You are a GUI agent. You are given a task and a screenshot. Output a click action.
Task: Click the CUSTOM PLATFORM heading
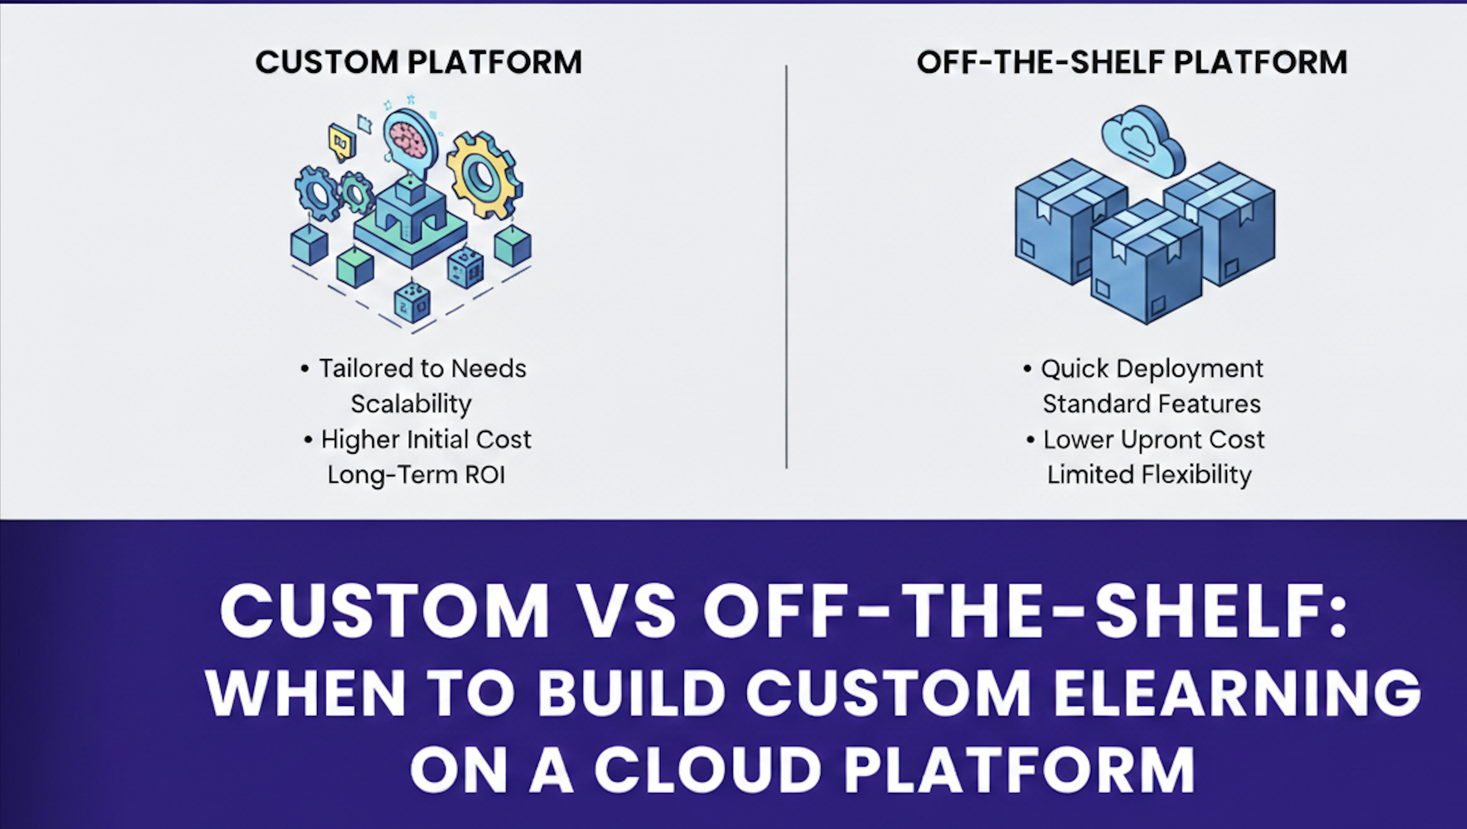pyautogui.click(x=418, y=62)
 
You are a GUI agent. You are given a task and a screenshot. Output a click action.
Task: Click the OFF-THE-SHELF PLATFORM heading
pyautogui.click(x=1131, y=62)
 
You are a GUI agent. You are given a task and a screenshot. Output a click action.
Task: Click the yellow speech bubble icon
pyautogui.click(x=341, y=142)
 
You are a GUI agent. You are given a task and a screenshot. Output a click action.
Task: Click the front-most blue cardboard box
pyautogui.click(x=1145, y=265)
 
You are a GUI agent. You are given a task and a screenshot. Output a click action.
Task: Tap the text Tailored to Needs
pyautogui.click(x=422, y=368)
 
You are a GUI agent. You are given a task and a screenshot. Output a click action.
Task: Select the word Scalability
pyautogui.click(x=411, y=404)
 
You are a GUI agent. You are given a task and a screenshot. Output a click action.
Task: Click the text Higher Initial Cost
pyautogui.click(x=425, y=440)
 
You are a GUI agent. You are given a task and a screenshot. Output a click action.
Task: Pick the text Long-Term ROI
pyautogui.click(x=416, y=475)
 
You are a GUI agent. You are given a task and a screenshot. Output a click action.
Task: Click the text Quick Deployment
pyautogui.click(x=1151, y=368)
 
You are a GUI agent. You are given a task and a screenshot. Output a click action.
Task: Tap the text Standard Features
pyautogui.click(x=1151, y=404)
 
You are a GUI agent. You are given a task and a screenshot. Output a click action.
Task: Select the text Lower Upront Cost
pyautogui.click(x=1154, y=440)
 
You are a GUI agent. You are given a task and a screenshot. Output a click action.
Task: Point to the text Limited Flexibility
pyautogui.click(x=1149, y=475)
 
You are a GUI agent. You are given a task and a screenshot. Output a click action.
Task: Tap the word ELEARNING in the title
pyautogui.click(x=1238, y=693)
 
